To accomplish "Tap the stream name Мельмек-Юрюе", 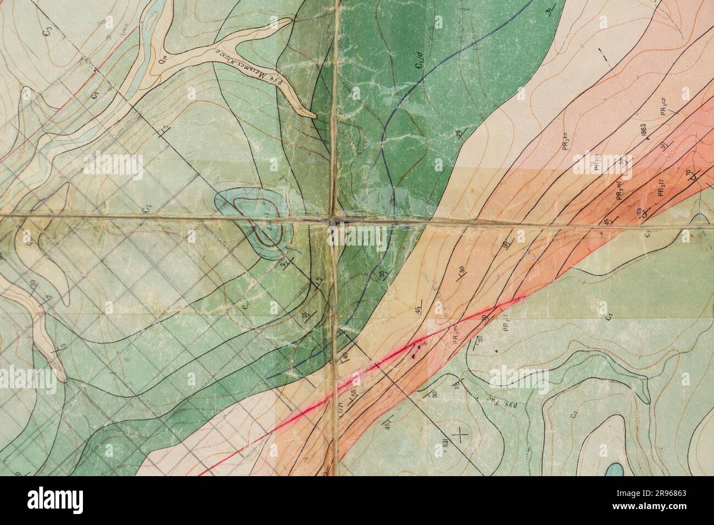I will [x=240, y=64].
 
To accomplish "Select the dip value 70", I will [x=689, y=175].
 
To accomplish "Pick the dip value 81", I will [x=549, y=12].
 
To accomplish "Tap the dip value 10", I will [x=32, y=283].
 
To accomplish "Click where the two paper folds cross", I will [x=333, y=221].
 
